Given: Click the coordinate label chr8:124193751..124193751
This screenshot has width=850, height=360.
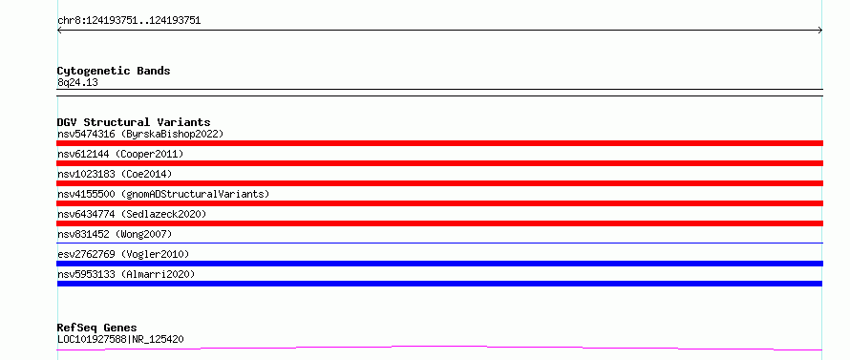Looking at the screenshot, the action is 129,21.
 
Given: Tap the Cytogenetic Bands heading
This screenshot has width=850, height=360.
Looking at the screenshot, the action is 114,71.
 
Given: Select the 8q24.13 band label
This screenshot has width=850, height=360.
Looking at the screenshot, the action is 77,83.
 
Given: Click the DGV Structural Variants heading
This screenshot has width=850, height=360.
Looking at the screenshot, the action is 134,122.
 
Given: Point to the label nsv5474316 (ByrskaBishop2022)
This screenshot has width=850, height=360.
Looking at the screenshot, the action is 140,134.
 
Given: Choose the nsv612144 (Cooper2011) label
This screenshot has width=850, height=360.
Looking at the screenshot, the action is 120,154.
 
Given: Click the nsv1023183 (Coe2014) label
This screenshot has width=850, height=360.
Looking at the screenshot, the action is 115,174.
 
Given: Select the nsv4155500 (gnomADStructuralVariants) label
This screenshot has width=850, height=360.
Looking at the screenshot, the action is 163,194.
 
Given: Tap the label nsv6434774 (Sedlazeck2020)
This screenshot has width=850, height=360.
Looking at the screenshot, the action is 132,214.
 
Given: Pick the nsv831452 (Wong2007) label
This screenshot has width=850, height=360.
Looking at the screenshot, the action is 115,234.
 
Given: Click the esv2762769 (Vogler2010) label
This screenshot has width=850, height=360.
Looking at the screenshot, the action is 123,254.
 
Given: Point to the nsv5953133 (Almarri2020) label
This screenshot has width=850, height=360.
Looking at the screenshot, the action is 126,274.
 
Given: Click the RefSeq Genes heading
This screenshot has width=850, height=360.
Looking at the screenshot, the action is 96,328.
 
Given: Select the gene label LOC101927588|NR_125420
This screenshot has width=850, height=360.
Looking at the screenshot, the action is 120,340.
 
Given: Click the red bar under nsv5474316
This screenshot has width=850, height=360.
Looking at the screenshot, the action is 439,143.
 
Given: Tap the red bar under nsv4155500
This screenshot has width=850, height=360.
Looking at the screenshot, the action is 439,203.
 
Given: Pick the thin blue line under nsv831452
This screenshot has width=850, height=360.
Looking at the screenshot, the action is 439,243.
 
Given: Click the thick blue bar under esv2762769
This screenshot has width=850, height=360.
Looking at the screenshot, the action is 439,264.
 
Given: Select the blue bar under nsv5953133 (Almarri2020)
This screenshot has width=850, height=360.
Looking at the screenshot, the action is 439,284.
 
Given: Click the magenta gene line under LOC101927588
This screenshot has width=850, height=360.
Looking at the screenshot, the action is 439,347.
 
